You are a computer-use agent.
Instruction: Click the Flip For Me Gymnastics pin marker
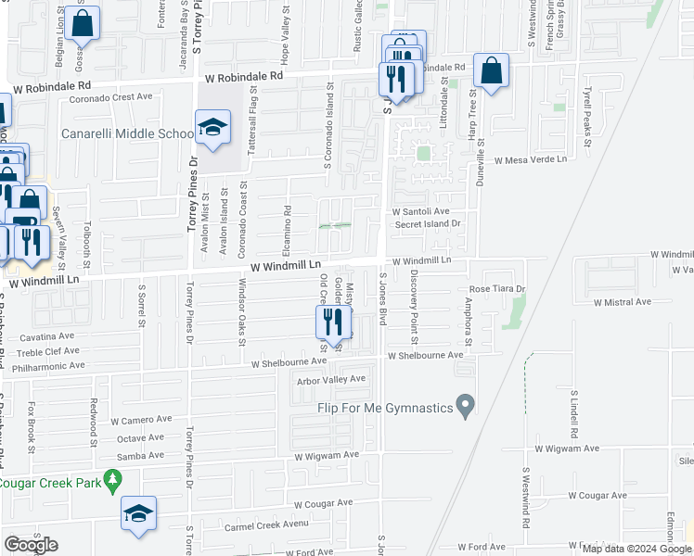pos(467,405)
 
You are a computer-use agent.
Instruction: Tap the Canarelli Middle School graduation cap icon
pos(212,128)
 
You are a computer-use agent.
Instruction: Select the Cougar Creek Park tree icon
pos(113,480)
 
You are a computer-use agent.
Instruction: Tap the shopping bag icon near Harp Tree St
pos(491,70)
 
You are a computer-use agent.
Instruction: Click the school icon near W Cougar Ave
pos(138,514)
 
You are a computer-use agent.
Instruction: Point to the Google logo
pos(31,545)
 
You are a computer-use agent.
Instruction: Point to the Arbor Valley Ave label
pos(331,380)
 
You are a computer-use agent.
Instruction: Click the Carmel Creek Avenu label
pos(266,526)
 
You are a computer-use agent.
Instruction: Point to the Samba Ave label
pos(140,455)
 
